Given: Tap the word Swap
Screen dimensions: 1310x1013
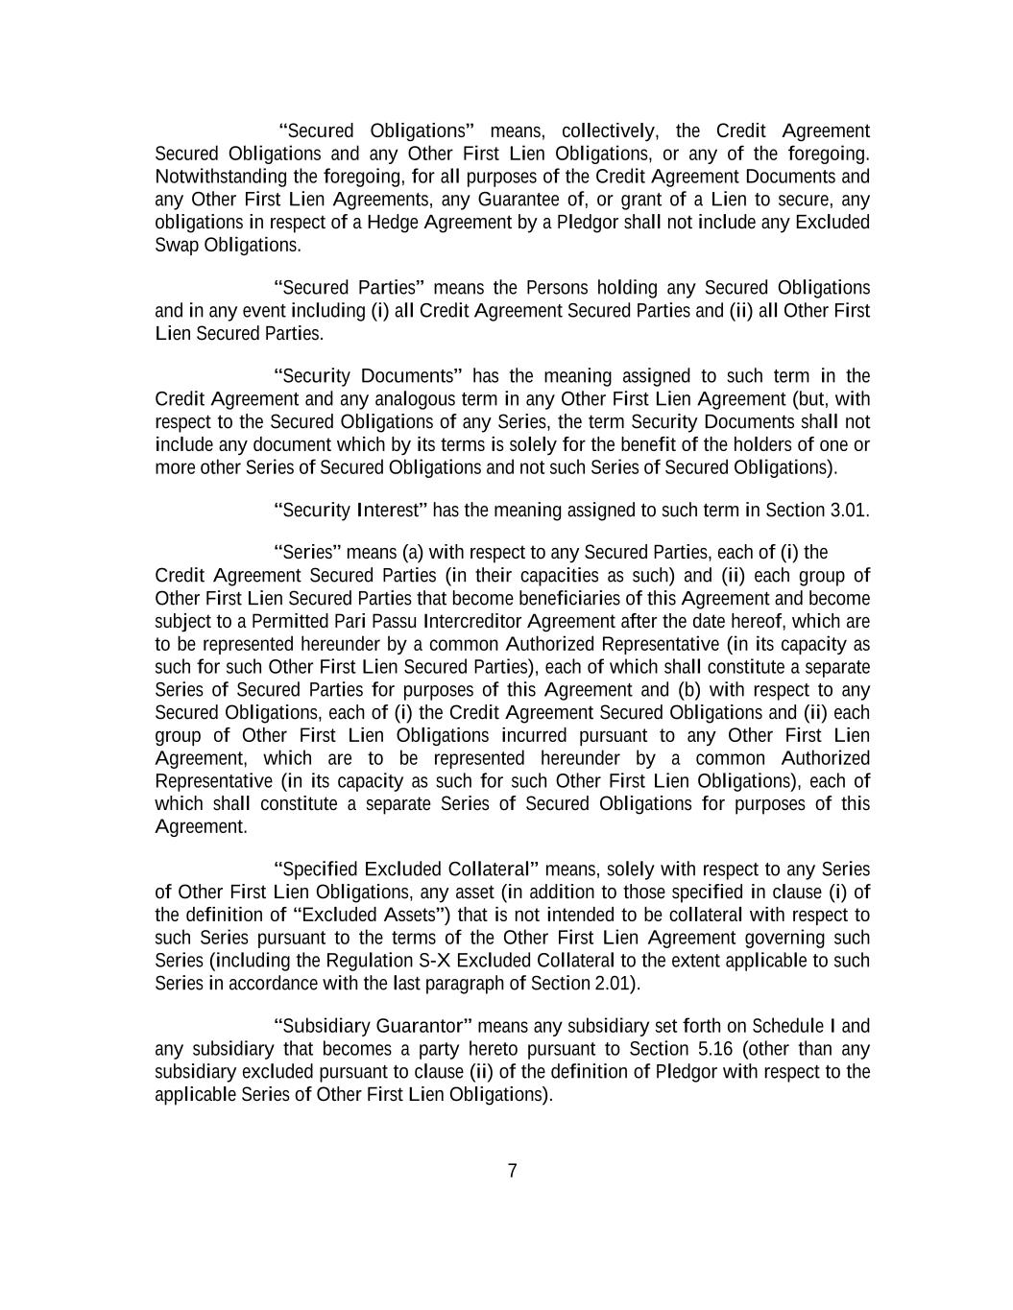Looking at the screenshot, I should click(x=177, y=245).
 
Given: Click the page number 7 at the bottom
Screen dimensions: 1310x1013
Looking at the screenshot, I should click(x=512, y=1170).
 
